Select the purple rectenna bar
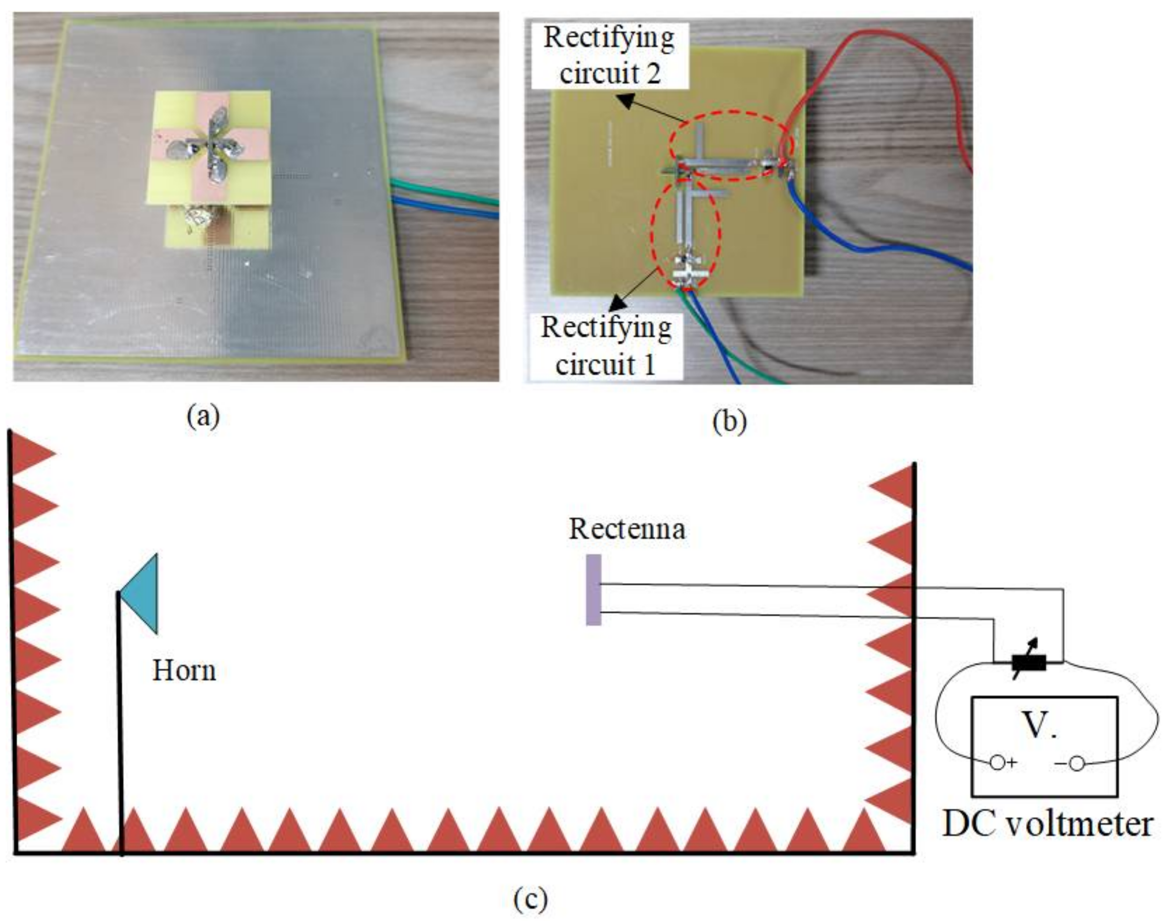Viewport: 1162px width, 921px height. point(593,590)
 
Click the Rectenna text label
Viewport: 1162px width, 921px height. point(627,529)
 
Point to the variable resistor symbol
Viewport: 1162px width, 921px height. point(1029,662)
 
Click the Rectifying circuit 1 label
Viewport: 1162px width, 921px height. point(606,345)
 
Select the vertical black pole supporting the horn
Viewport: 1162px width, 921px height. point(120,727)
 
